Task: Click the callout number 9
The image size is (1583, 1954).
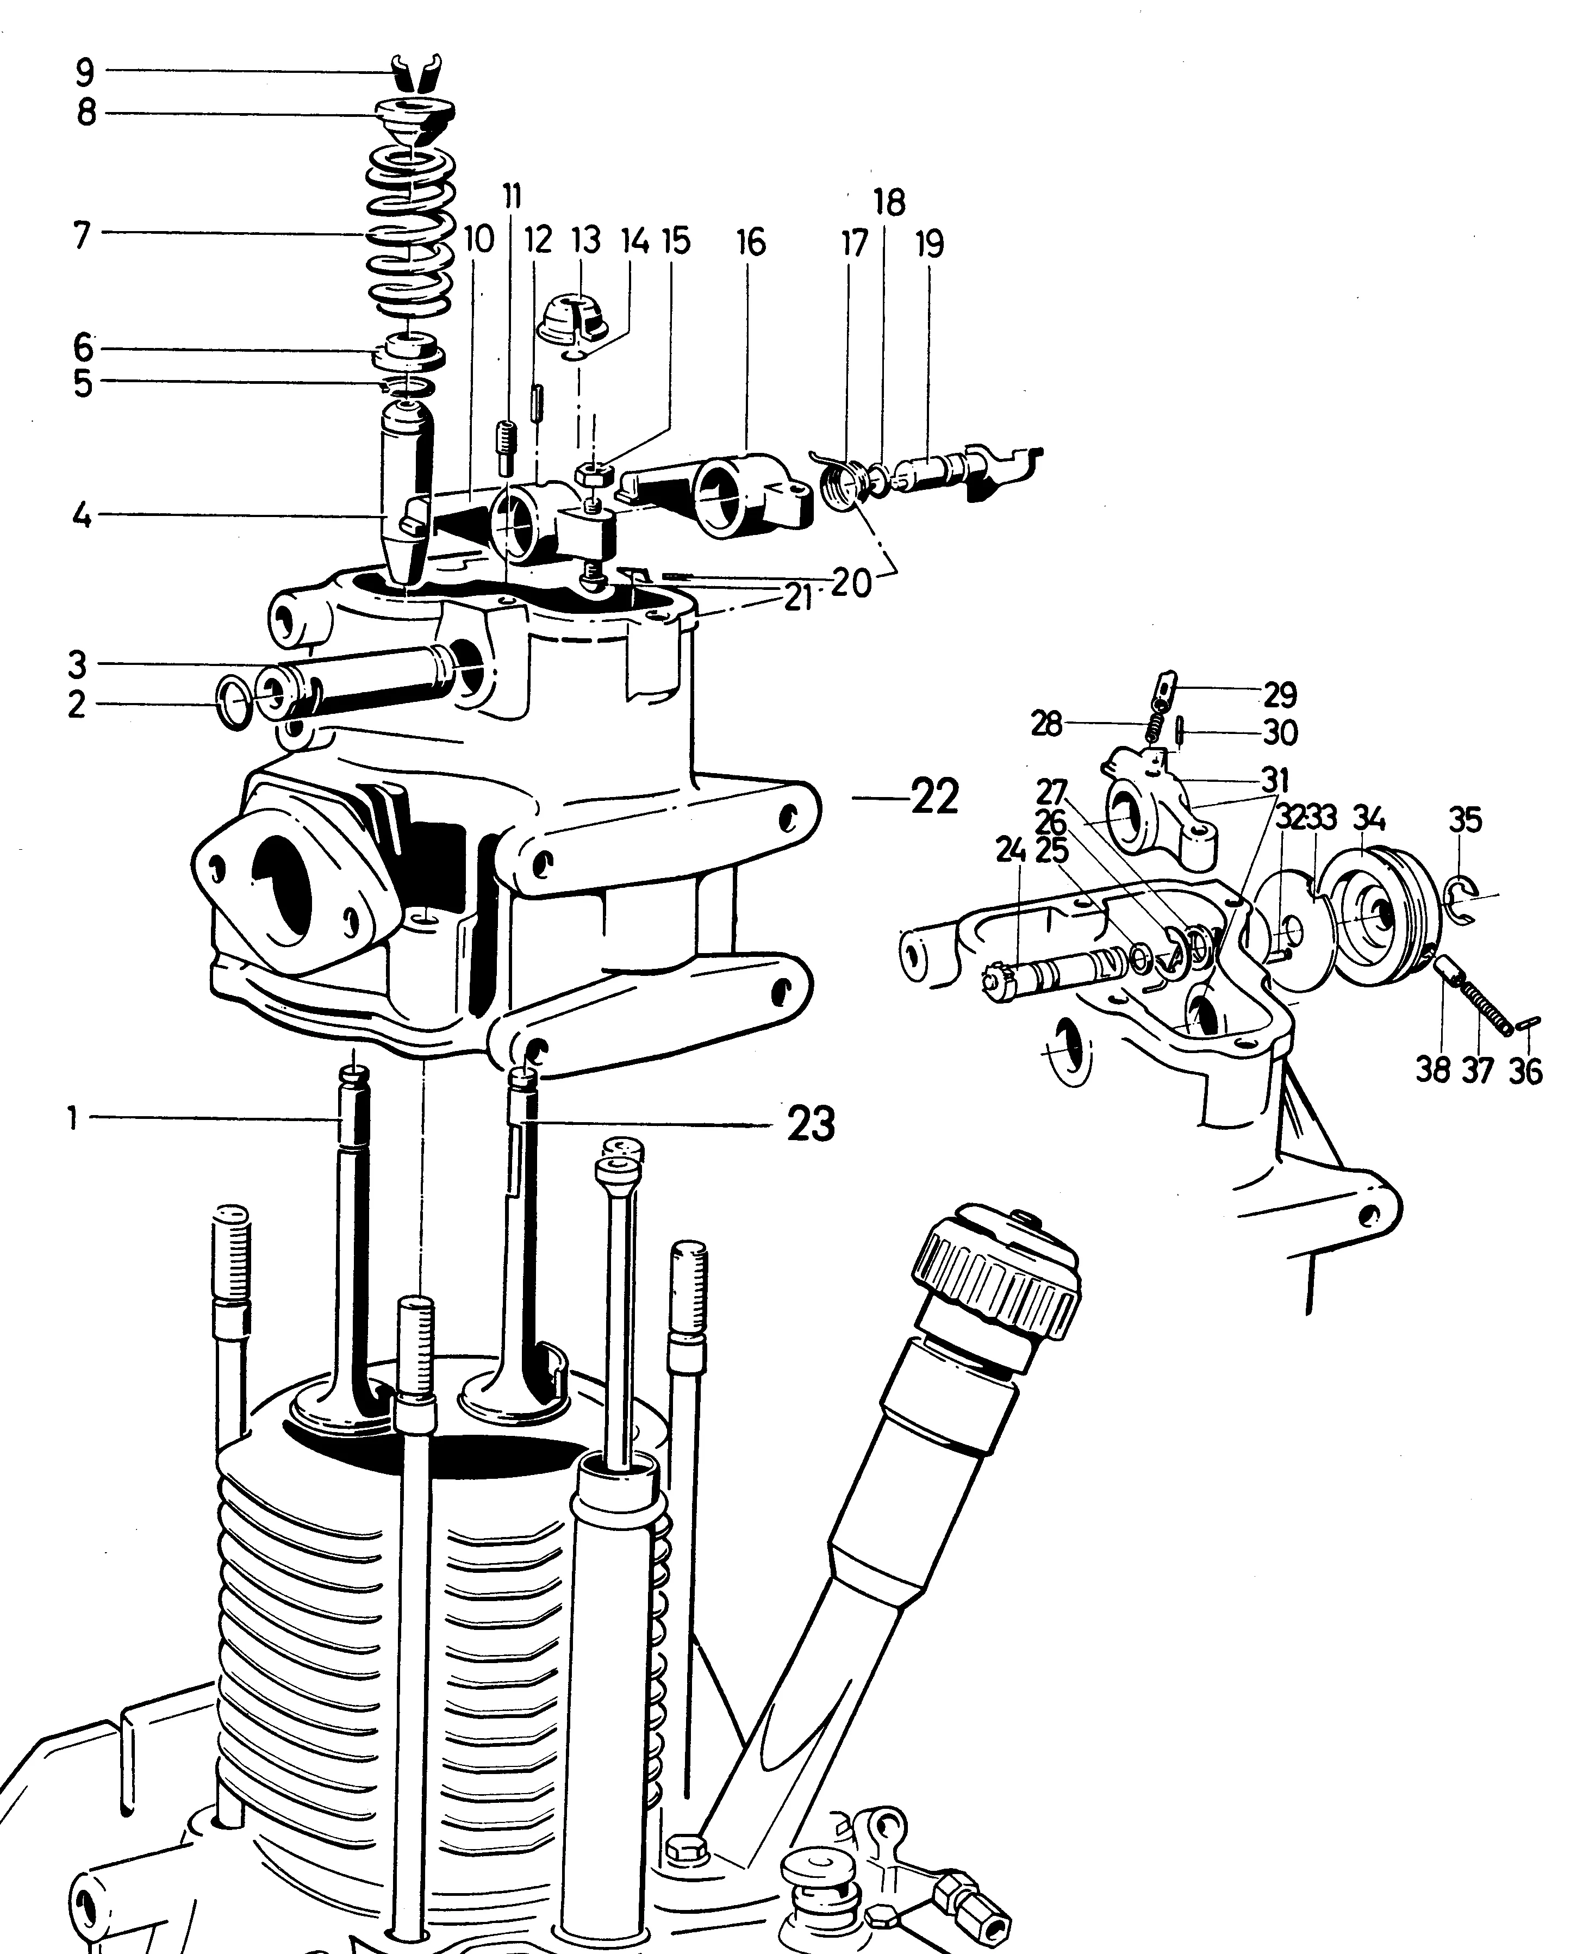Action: point(85,71)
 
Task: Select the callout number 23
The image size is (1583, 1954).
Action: point(810,1124)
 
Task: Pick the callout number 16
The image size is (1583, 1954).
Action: point(751,244)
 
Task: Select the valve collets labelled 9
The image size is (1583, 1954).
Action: point(417,72)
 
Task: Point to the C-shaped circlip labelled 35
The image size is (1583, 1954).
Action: point(1463,902)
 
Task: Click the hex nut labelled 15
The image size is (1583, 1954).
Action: point(592,474)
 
